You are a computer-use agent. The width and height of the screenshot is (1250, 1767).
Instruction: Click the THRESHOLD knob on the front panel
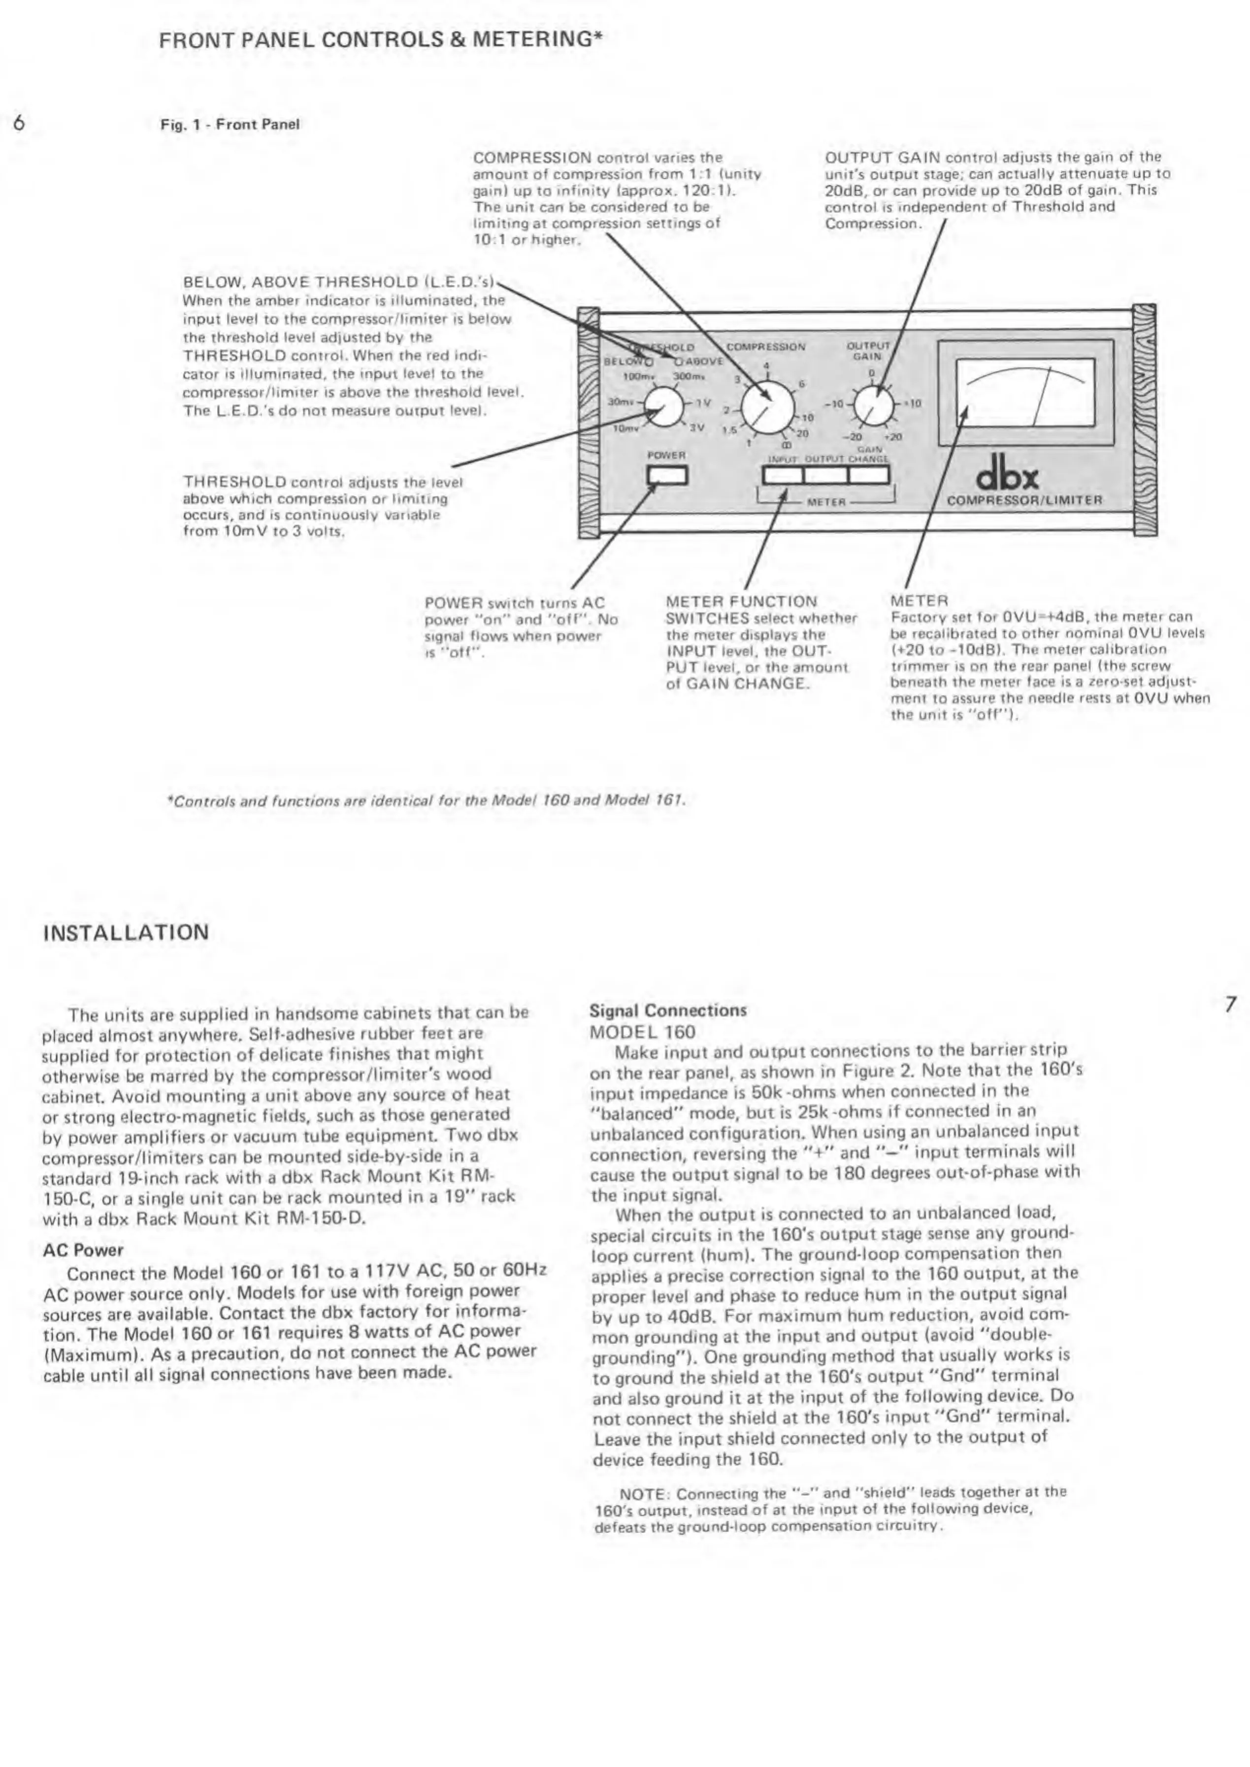663,406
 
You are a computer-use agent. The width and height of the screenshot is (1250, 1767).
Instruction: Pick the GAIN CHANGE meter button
869,475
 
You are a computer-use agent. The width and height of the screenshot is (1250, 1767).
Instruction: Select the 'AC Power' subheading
83,1250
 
